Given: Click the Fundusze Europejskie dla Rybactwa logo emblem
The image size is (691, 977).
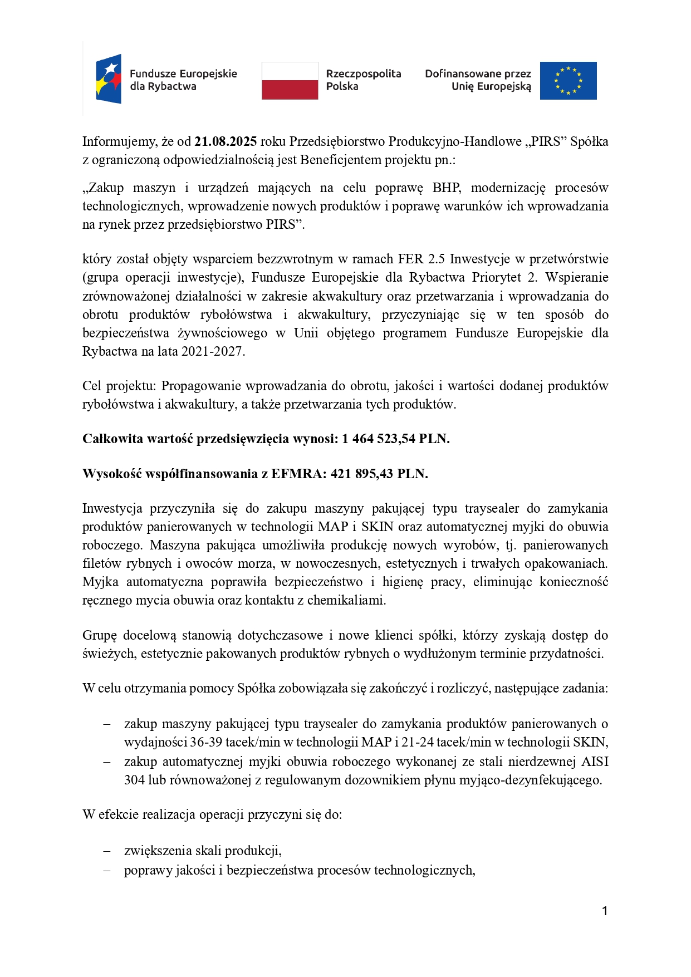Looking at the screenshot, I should coord(109,79).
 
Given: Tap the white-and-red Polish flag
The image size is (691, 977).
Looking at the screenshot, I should coord(290,81).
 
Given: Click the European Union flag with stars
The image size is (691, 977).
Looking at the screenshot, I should coord(568,81).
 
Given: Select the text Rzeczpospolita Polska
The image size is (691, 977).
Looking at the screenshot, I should coord(363,80).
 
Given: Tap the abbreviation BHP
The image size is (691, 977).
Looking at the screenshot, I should coord(447,188).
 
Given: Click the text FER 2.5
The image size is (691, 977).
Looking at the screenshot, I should coord(421,259).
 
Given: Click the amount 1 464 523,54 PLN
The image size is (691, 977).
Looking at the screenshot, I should coord(395,439).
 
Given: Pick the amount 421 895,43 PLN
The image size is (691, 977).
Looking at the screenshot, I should coord(379,474).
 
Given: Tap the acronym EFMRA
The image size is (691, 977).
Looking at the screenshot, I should coord(298,474).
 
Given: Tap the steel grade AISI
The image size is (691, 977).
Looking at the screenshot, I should coord(594,762).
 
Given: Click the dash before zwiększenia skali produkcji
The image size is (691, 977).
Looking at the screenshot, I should coord(107,851).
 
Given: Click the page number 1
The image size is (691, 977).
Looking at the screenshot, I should coord(605,911).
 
